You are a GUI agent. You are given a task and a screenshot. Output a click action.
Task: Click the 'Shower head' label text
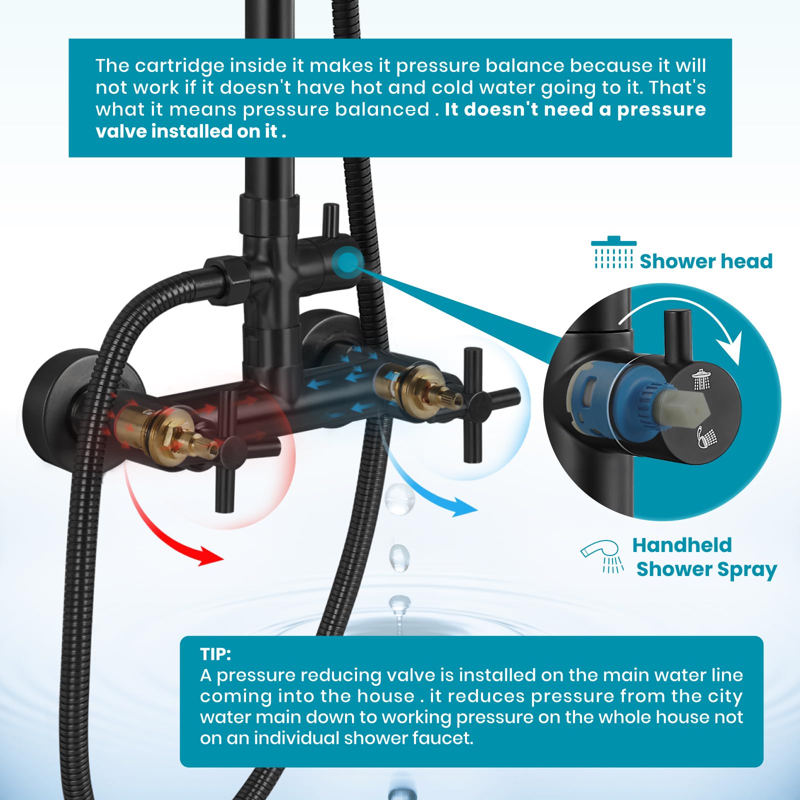click(x=705, y=261)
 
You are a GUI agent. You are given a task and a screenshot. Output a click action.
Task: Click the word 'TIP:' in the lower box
click(x=215, y=654)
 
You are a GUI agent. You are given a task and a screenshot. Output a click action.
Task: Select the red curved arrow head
click(x=210, y=555)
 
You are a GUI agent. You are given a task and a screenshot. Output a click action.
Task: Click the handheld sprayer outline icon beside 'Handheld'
click(x=602, y=554)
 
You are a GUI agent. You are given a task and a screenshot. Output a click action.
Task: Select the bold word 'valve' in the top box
click(x=121, y=131)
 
